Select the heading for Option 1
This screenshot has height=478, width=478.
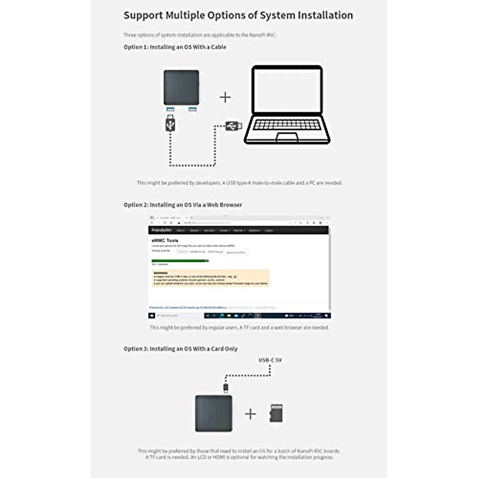(x=174, y=47)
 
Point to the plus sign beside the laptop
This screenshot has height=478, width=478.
(x=225, y=97)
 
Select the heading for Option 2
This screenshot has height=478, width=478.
(x=182, y=205)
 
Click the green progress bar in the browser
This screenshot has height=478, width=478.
(x=180, y=261)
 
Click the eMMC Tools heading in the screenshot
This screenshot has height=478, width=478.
(x=165, y=241)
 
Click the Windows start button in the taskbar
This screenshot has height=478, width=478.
(x=152, y=315)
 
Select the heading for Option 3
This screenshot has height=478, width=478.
(x=180, y=349)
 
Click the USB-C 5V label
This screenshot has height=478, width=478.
(x=270, y=360)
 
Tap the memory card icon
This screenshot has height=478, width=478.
(x=276, y=413)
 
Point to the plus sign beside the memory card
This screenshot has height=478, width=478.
(x=251, y=414)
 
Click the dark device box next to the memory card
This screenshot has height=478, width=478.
(x=214, y=413)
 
